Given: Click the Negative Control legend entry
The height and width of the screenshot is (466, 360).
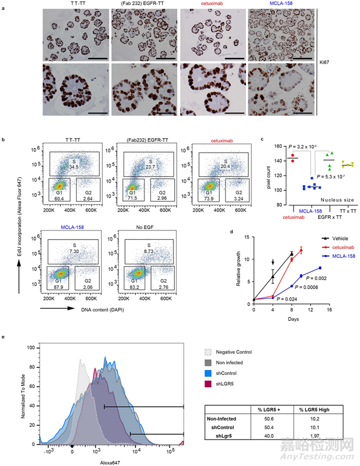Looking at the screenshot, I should tap(235, 351).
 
